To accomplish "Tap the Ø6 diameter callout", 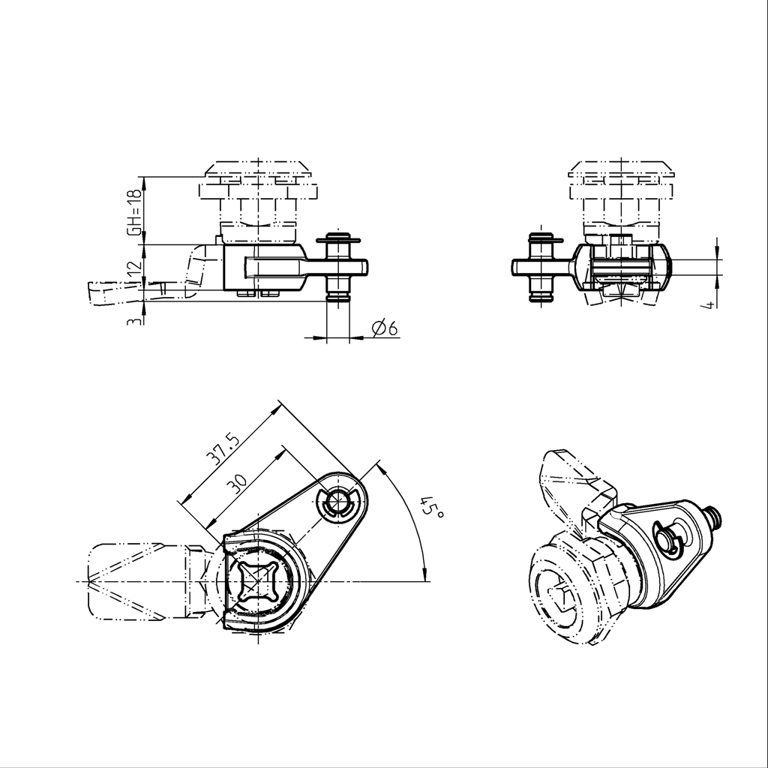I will (383, 328).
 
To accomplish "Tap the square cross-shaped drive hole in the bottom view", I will (261, 582).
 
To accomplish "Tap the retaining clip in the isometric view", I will (667, 538).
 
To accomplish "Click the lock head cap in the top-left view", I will (259, 169).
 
